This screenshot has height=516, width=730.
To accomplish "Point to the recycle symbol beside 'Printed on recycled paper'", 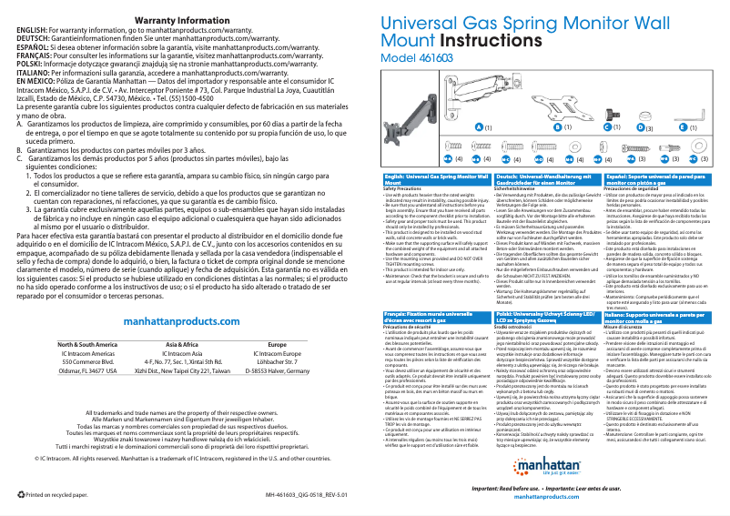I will pos(22,495).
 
